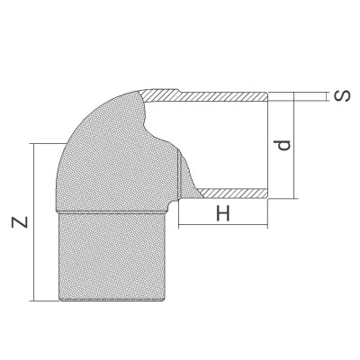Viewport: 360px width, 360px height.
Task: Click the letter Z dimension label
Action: click(19, 221)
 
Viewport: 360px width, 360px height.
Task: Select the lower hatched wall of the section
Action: click(234, 192)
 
